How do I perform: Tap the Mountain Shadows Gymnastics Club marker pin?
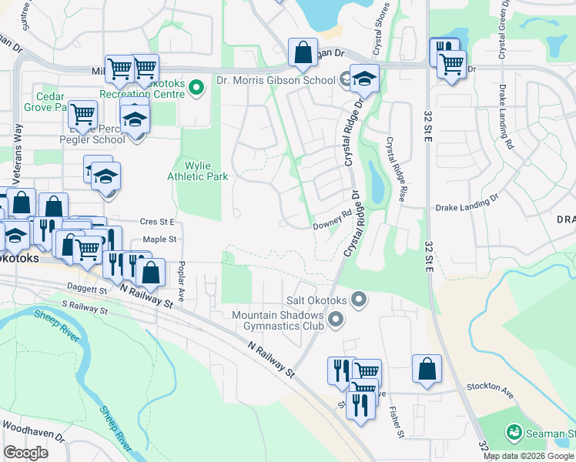tap(335, 319)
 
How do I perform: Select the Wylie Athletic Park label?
tap(198, 171)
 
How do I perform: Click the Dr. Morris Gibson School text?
tap(276, 80)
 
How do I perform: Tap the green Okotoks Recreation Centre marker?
tap(196, 88)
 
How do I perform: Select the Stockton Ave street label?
tap(488, 390)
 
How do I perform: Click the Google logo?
tap(26, 453)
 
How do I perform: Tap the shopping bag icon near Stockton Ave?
tap(427, 368)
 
